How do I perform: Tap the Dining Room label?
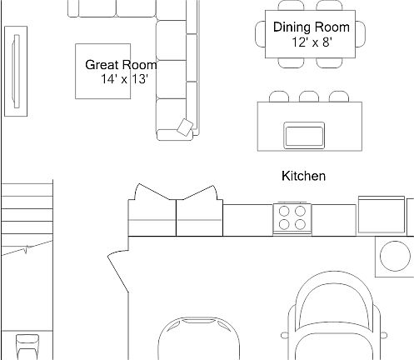coord(307,27)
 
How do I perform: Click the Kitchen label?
coord(303,177)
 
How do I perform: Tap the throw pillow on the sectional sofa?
coord(186,127)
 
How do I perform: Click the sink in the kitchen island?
coord(304,133)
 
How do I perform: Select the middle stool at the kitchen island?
coord(309,97)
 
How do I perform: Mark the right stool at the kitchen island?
coord(337,97)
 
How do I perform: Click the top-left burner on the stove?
coord(285,211)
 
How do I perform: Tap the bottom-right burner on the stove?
coord(299,225)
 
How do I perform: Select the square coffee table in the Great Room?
coord(103,72)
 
